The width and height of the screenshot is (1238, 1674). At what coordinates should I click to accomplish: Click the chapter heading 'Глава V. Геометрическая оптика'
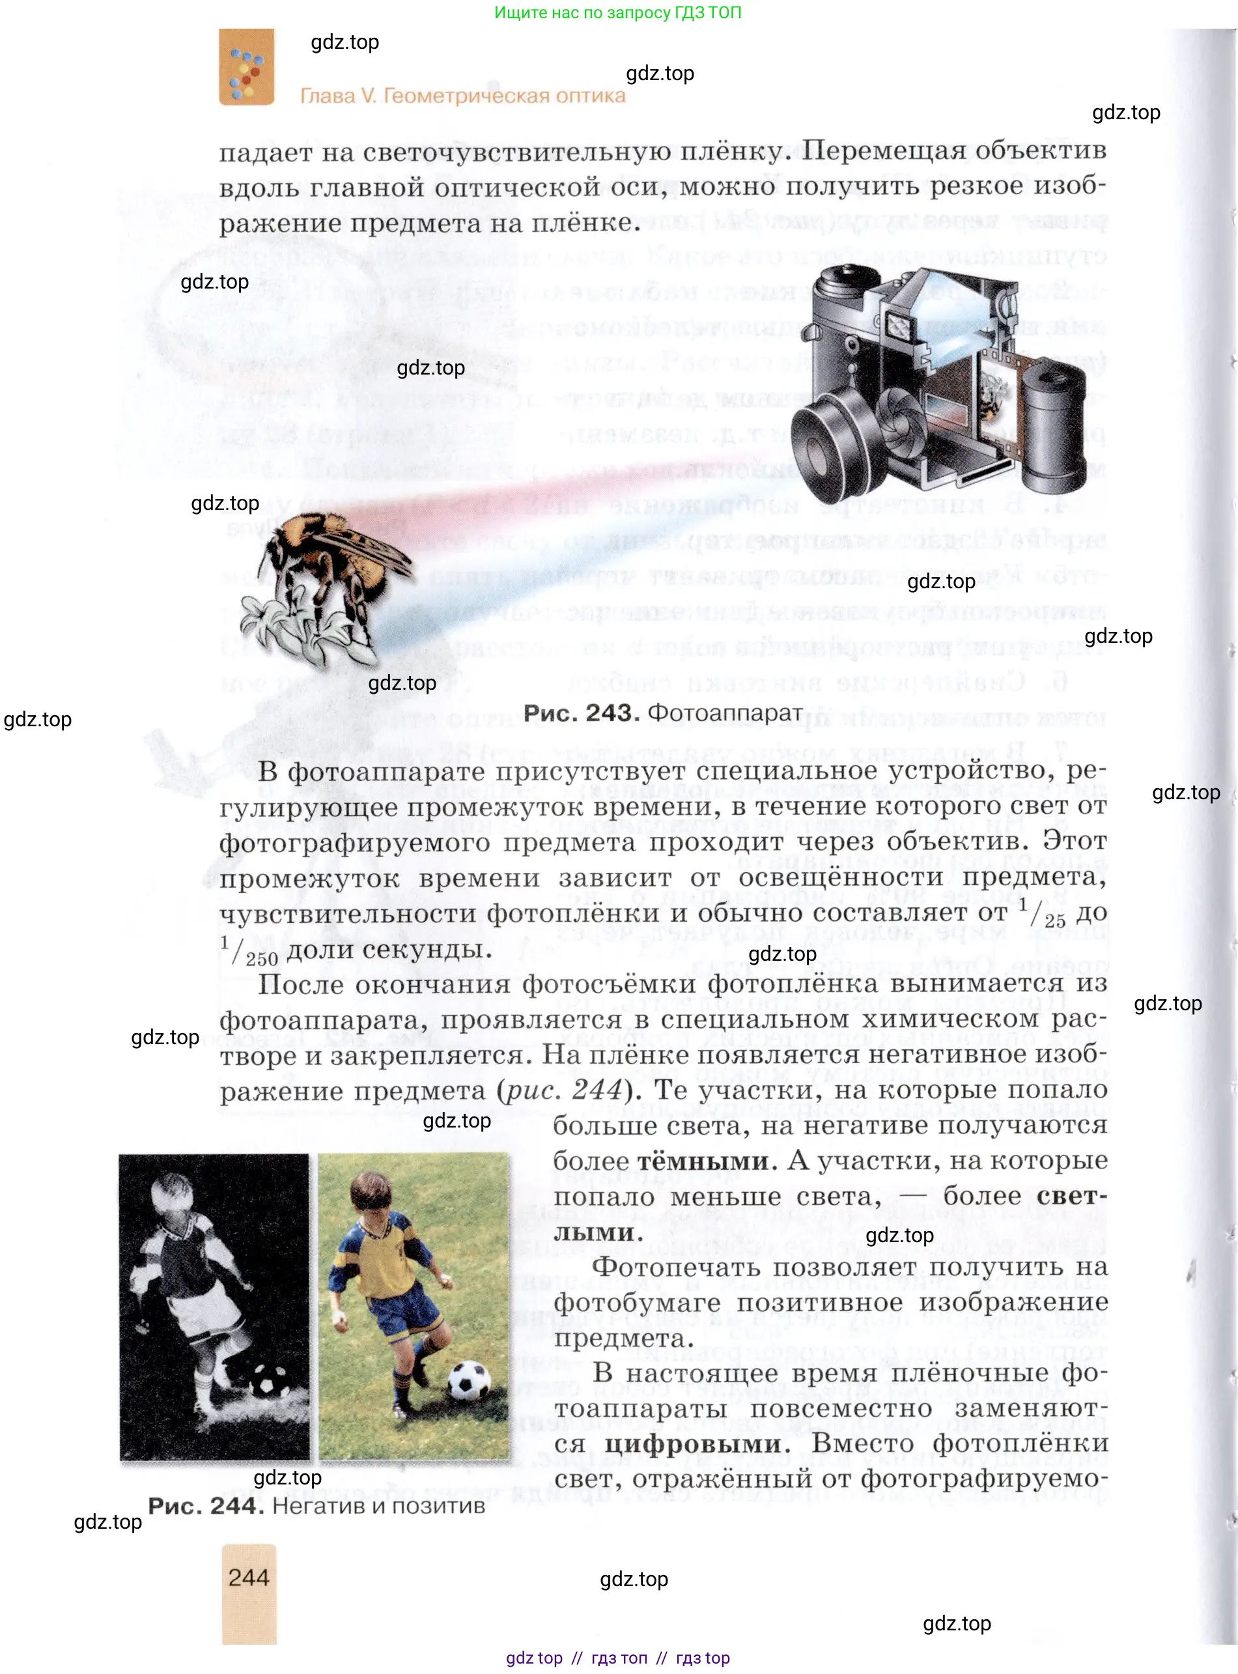tap(462, 96)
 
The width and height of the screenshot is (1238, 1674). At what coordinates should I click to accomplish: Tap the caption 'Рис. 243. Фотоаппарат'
tap(662, 713)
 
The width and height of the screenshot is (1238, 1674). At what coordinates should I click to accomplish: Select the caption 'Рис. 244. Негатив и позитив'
tap(317, 1505)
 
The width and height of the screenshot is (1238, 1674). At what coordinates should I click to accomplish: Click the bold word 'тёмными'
tap(703, 1161)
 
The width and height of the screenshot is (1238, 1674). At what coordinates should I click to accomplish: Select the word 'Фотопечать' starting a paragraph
tap(677, 1267)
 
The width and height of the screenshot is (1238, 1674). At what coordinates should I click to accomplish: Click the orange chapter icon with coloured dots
tap(247, 68)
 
